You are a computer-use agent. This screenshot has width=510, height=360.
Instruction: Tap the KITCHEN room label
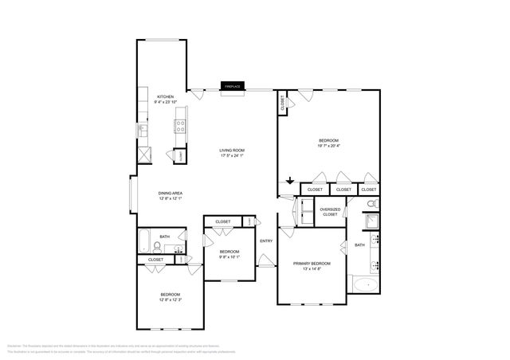[x=165, y=96]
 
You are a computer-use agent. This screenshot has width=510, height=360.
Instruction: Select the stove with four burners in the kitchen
[x=181, y=126]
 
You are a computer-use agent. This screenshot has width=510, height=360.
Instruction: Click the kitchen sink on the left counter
[x=141, y=130]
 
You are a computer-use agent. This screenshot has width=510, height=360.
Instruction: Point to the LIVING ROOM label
[x=233, y=150]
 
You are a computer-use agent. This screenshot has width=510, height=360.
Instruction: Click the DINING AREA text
[x=171, y=193]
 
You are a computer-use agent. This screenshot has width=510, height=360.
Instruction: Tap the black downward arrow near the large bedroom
[x=290, y=182]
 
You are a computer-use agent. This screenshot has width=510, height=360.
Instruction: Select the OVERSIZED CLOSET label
[x=330, y=212]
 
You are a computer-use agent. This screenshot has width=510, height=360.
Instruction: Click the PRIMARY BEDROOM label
[x=312, y=263]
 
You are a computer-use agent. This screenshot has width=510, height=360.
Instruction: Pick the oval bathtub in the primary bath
[x=367, y=284]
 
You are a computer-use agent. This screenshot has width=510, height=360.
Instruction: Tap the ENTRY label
[x=266, y=241]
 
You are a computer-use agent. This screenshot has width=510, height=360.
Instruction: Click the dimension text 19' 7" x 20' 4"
[x=328, y=146]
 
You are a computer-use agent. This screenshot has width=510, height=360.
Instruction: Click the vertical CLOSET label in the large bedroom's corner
[x=282, y=104]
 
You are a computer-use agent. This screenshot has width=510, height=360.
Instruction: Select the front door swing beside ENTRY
[x=265, y=259]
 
